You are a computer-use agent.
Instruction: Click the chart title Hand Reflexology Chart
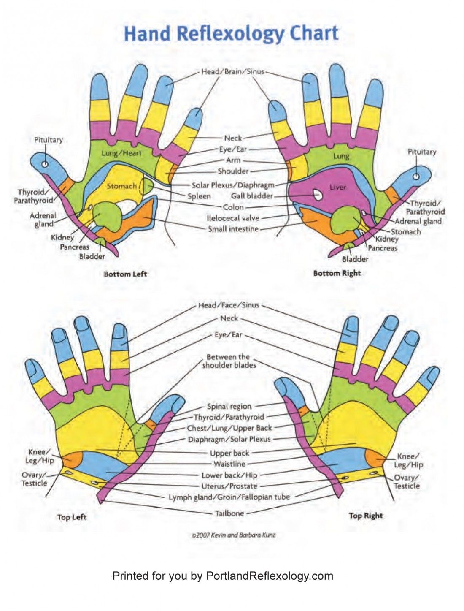(x=232, y=34)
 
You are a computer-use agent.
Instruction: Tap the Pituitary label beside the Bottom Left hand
(x=49, y=140)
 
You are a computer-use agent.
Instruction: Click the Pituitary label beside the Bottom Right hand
(x=421, y=152)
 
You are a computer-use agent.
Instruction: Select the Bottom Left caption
(x=125, y=274)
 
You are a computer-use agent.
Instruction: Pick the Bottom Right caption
(x=337, y=273)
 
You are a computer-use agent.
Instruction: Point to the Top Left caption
(x=72, y=517)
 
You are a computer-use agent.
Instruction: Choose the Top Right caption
(x=366, y=515)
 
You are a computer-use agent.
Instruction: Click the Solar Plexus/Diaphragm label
(x=233, y=185)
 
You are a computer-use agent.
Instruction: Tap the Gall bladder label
(x=252, y=196)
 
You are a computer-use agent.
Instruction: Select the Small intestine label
(x=233, y=229)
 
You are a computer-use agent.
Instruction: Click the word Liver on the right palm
(x=337, y=187)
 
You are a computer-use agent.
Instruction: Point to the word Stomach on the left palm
(x=121, y=186)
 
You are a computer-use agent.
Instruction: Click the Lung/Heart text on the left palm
(x=121, y=153)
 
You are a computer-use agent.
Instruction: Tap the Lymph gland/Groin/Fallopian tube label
(x=229, y=497)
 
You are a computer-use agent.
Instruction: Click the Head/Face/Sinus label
(x=229, y=305)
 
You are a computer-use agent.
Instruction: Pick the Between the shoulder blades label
(x=229, y=361)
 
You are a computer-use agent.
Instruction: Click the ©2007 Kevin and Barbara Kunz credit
(x=233, y=535)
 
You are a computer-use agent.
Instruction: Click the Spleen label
(x=199, y=196)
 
